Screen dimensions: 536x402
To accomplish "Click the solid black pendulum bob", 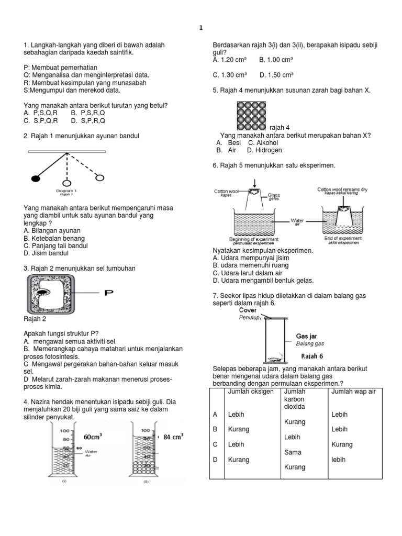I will point(36,178).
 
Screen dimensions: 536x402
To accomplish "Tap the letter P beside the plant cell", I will point(108,293).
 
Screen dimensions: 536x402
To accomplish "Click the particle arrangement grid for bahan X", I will point(252,116).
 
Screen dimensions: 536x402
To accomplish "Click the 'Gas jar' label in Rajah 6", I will point(306,336).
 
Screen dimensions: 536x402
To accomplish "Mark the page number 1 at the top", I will point(201,28).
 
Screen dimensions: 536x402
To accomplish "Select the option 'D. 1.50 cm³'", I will point(277,75).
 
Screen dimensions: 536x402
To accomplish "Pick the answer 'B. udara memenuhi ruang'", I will point(248,265).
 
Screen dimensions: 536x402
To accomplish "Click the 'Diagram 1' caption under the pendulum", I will point(66,191).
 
